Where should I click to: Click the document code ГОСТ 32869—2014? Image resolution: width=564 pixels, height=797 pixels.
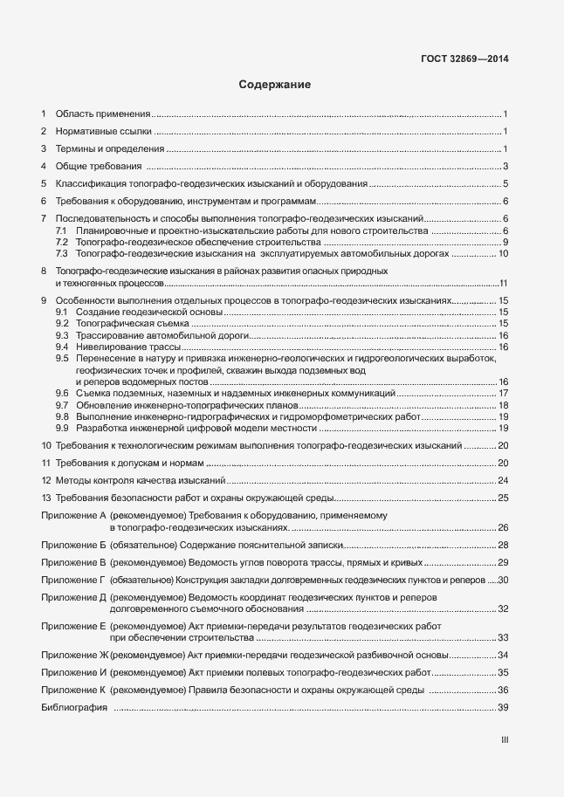[464, 59]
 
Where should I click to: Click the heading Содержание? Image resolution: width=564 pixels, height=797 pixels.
[275, 86]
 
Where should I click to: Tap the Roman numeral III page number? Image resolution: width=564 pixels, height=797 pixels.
[505, 739]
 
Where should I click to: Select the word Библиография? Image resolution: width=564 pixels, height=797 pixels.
[73, 708]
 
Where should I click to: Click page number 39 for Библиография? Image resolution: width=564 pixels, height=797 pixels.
[503, 708]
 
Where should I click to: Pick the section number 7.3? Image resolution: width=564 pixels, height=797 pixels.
[62, 253]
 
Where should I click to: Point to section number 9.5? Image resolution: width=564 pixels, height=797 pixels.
[62, 359]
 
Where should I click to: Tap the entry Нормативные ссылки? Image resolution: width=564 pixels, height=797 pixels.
[103, 132]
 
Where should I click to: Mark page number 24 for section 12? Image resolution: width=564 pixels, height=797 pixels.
[503, 481]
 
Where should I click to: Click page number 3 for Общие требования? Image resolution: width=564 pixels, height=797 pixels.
[506, 167]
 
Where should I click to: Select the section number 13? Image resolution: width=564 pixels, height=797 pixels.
[46, 498]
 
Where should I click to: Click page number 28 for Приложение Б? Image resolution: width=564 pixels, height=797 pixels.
[503, 545]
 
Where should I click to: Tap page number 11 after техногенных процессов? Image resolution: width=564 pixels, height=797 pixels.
[503, 284]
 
